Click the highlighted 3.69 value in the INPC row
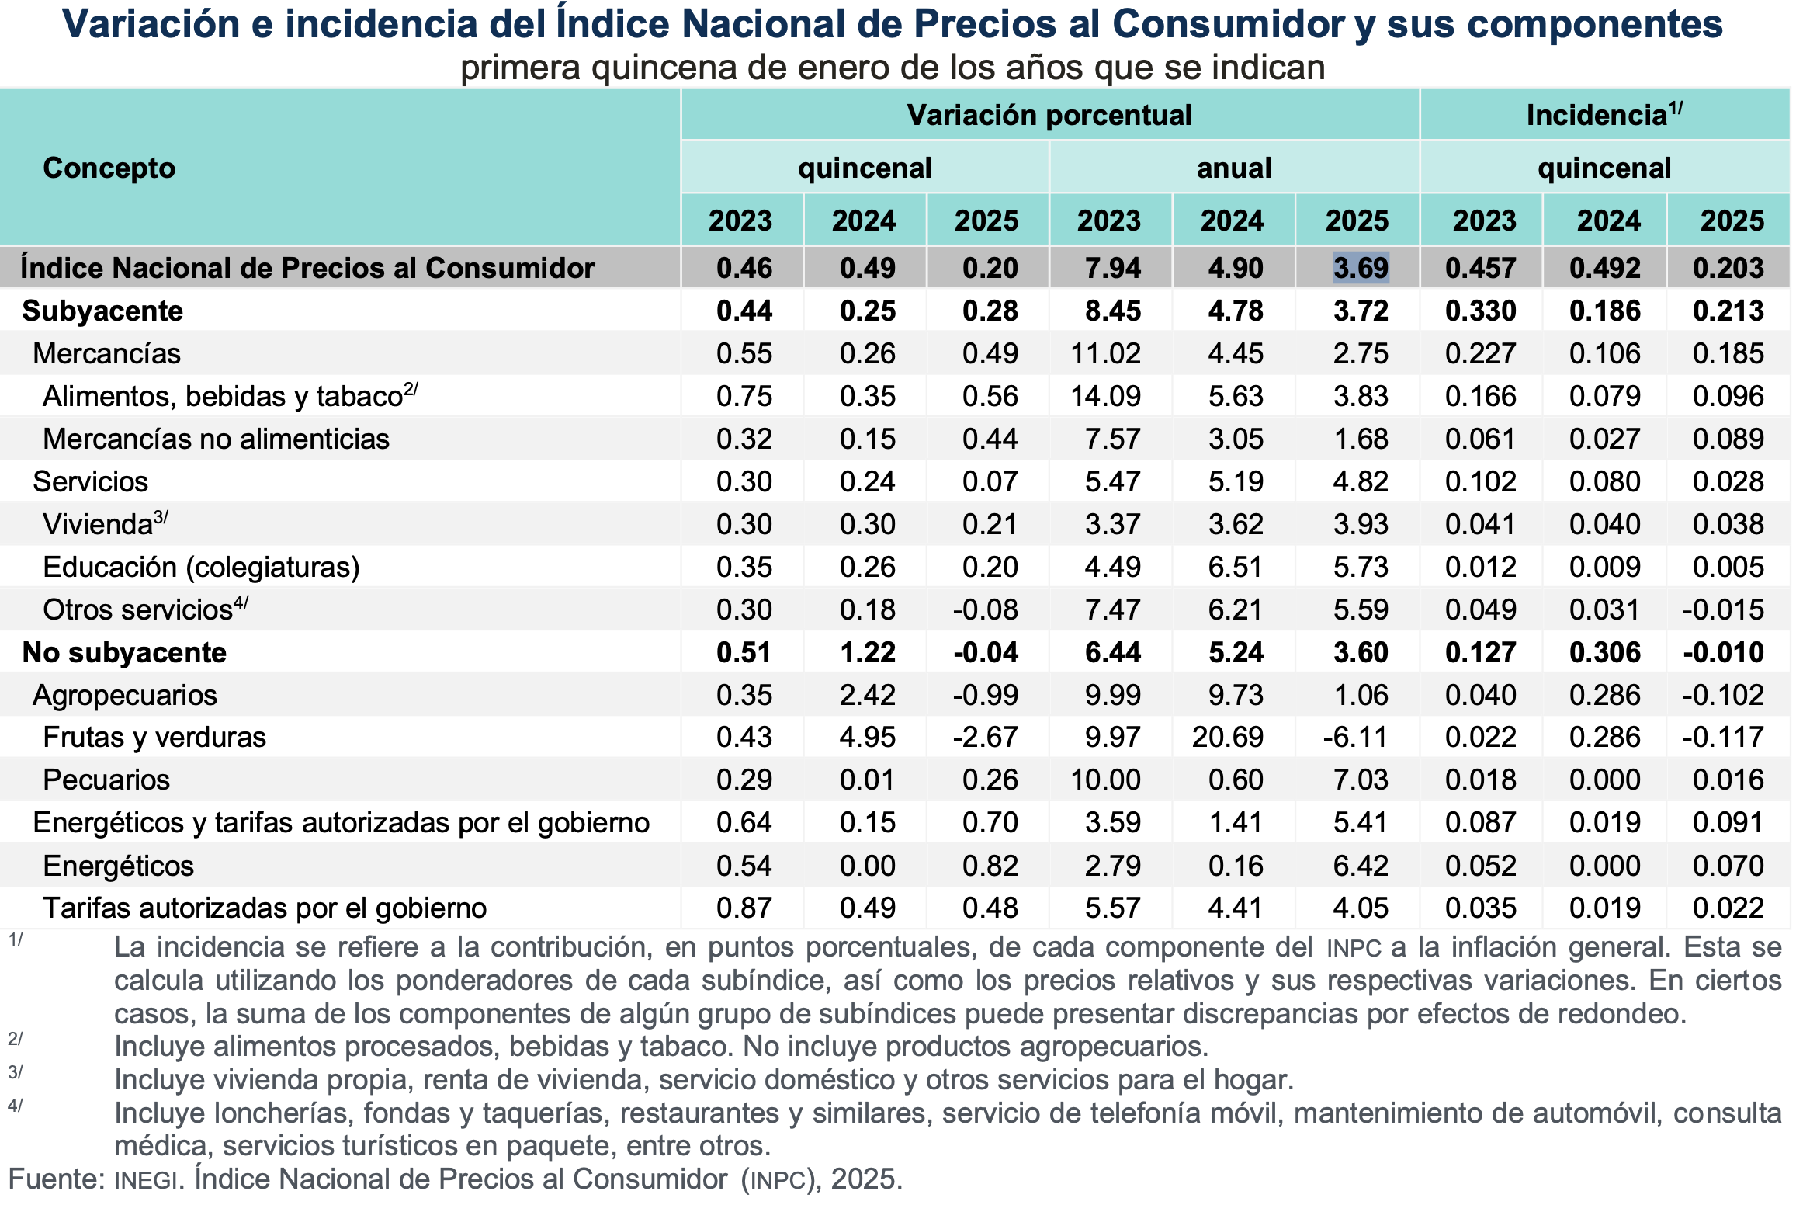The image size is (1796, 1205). click(1361, 268)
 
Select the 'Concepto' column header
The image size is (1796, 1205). click(109, 168)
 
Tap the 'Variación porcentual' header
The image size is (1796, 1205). click(1049, 115)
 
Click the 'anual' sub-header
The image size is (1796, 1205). click(1234, 168)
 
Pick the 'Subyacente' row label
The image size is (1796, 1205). click(102, 311)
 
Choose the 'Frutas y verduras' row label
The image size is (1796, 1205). click(154, 737)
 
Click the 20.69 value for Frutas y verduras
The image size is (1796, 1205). click(1228, 737)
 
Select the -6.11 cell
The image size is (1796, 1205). click(1355, 737)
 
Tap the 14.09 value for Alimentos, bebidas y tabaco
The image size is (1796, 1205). click(1105, 396)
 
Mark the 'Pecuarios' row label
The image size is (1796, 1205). click(106, 780)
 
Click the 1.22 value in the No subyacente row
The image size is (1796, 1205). click(868, 652)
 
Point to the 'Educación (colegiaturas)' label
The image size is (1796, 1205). click(201, 567)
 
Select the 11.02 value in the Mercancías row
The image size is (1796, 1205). click(1105, 353)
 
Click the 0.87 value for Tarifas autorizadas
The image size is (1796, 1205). click(744, 908)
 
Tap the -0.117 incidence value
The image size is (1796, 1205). click(1723, 737)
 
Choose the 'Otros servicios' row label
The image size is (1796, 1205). click(138, 609)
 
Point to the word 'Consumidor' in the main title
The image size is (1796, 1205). click(1228, 23)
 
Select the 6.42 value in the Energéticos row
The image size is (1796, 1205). click(1361, 866)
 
